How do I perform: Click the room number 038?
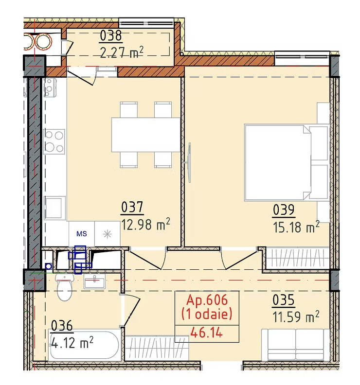(x=111, y=35)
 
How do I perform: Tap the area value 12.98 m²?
(x=145, y=224)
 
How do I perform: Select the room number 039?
(x=284, y=210)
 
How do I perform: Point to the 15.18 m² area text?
(x=296, y=227)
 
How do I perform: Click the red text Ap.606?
(x=207, y=300)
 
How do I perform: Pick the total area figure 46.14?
(x=206, y=333)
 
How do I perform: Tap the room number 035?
(x=283, y=300)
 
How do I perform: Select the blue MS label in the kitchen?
(x=82, y=234)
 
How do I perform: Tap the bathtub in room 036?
(x=84, y=346)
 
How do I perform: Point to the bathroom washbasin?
(x=94, y=281)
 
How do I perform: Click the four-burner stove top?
(x=54, y=141)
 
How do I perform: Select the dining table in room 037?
(x=146, y=135)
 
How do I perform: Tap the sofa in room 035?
(x=295, y=345)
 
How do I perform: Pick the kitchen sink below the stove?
(x=55, y=208)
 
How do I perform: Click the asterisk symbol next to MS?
(x=108, y=234)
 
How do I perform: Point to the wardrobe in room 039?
(x=298, y=258)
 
